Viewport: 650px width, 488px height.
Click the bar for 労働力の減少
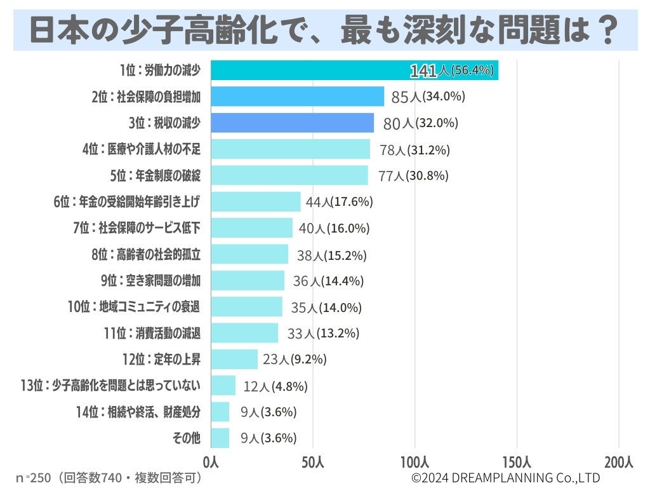(354, 71)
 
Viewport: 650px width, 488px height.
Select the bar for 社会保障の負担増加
(297, 97)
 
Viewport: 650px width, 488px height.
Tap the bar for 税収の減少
(292, 123)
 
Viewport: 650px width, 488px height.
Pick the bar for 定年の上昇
(234, 359)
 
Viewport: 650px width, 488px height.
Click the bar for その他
(220, 438)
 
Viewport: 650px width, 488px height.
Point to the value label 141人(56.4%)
(451, 71)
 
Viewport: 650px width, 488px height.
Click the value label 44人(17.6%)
(339, 202)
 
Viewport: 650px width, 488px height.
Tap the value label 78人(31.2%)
(414, 150)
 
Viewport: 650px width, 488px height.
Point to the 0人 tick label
(211, 462)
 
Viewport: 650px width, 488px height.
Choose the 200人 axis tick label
(619, 462)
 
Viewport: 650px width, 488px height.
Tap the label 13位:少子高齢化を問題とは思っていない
(110, 386)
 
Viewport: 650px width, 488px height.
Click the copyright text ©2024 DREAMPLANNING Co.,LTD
(505, 477)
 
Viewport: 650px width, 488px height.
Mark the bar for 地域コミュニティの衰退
(246, 307)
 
